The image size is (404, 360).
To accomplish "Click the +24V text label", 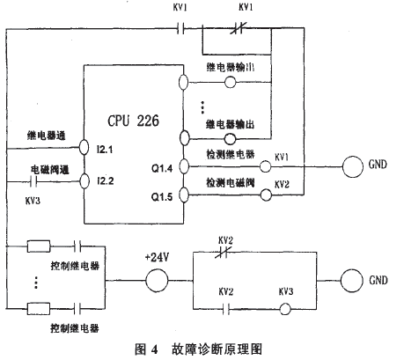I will click(156, 258).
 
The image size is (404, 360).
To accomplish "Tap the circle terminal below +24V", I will click(156, 281).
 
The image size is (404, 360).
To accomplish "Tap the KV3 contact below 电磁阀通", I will click(35, 184).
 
